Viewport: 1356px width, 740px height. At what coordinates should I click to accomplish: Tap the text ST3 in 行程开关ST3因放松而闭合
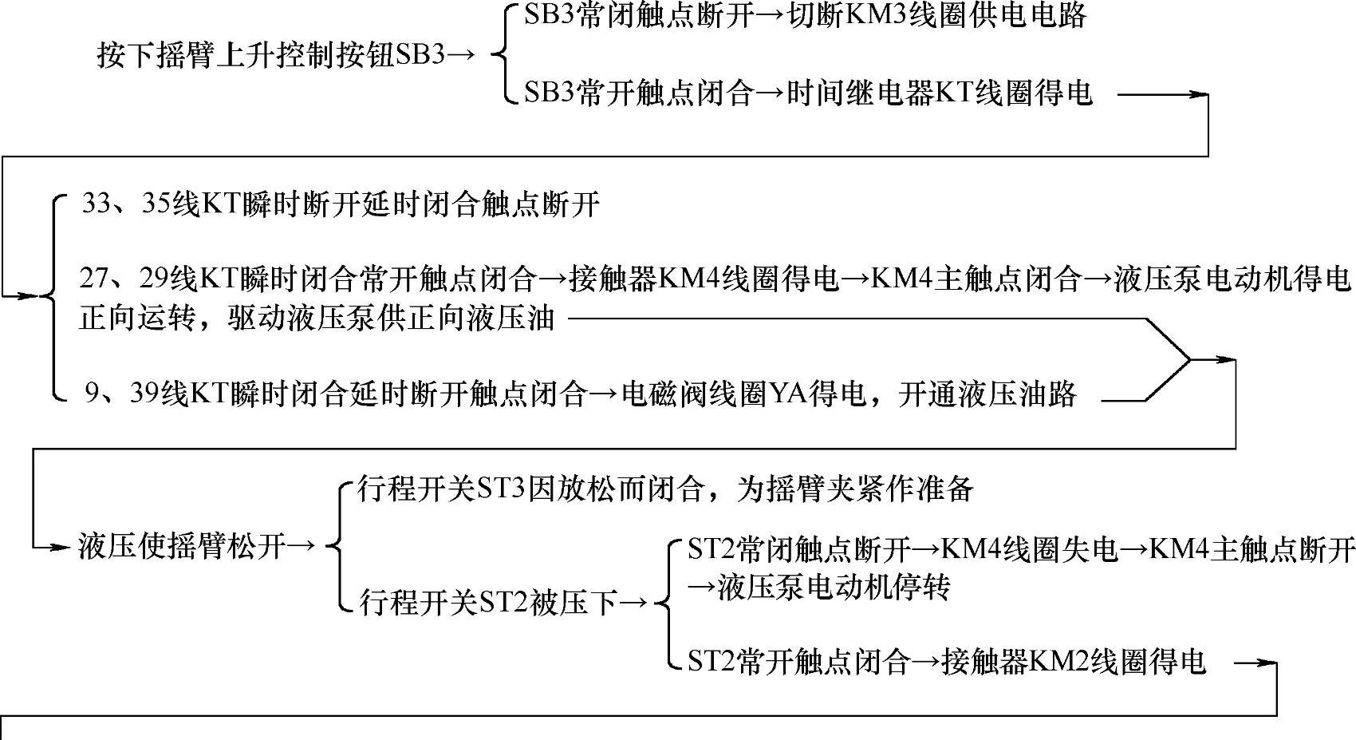coord(500,489)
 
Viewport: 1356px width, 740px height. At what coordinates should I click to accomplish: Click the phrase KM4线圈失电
coord(1030,549)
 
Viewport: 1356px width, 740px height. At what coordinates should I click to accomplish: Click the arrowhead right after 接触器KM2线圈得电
coord(1268,663)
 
